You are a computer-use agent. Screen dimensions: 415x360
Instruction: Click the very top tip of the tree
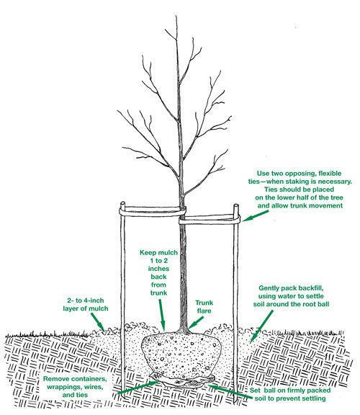pyautogui.click(x=178, y=6)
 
